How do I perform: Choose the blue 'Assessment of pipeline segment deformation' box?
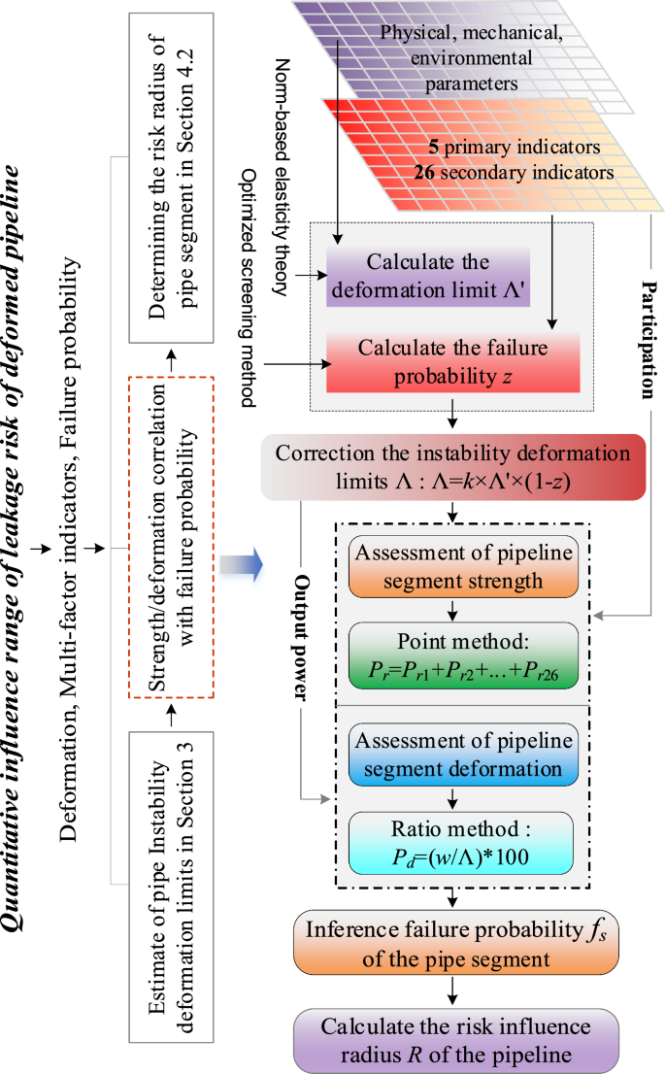click(451, 753)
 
